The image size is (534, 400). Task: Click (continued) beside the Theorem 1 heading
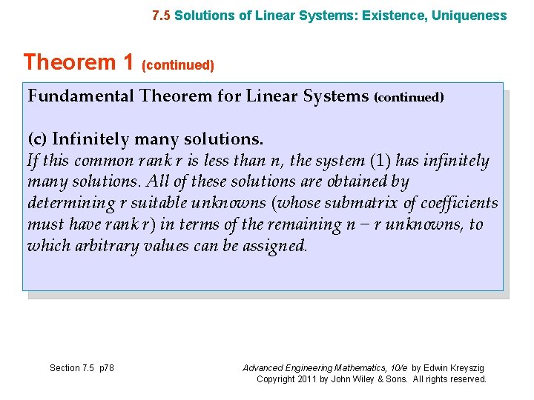tap(178, 66)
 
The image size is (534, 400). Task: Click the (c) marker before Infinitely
tap(38, 139)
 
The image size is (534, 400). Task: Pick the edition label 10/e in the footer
tap(398, 367)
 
